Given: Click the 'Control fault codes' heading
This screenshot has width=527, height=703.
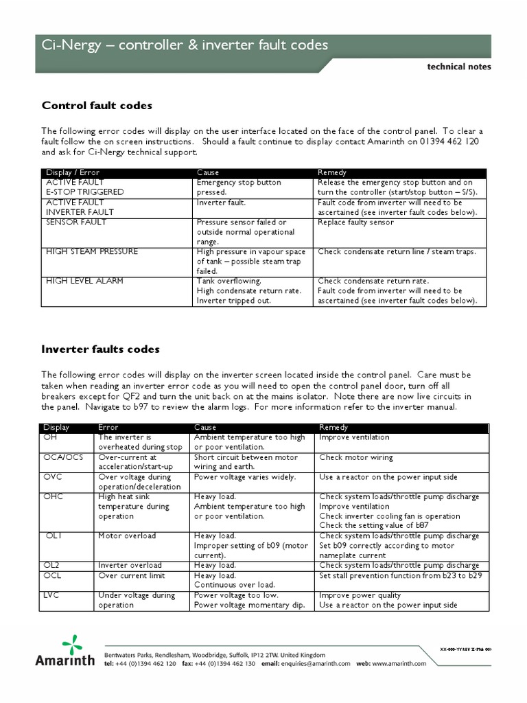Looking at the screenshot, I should pos(97,106).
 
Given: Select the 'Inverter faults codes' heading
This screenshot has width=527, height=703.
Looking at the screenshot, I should pos(100,349).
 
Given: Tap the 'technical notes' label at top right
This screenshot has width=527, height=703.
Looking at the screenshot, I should pos(458,67).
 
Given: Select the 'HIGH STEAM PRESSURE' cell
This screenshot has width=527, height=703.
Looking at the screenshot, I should pos(91,252).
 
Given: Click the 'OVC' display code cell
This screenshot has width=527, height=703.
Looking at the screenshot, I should pos(54,477).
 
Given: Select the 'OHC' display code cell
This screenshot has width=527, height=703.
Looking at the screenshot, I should pos(54,497).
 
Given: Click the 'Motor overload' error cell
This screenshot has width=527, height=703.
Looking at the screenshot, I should pos(127,536).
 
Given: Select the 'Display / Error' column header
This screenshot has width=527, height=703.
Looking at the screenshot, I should pos(72,172).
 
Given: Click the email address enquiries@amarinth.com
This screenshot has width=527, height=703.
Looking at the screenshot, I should pos(316,664).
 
